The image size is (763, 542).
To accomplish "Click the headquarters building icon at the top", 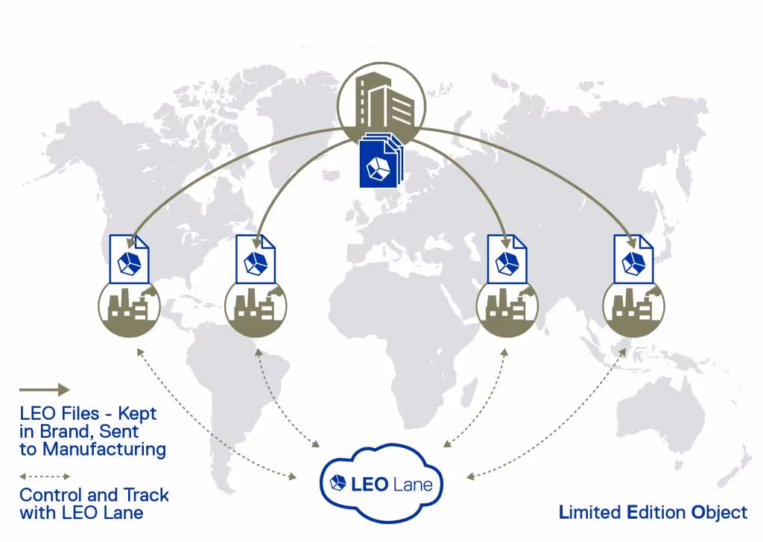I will click(x=381, y=100).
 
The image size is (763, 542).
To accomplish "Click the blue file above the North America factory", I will click(x=129, y=259).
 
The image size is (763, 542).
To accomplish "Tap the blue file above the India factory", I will click(x=507, y=259).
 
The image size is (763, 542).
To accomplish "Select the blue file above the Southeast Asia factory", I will click(x=633, y=259).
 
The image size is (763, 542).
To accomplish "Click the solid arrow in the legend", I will click(x=44, y=389).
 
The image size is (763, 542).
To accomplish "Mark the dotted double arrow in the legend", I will click(x=44, y=476).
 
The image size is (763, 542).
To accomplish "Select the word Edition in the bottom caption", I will click(x=658, y=512).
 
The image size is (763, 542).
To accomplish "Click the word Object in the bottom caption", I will click(x=719, y=512).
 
